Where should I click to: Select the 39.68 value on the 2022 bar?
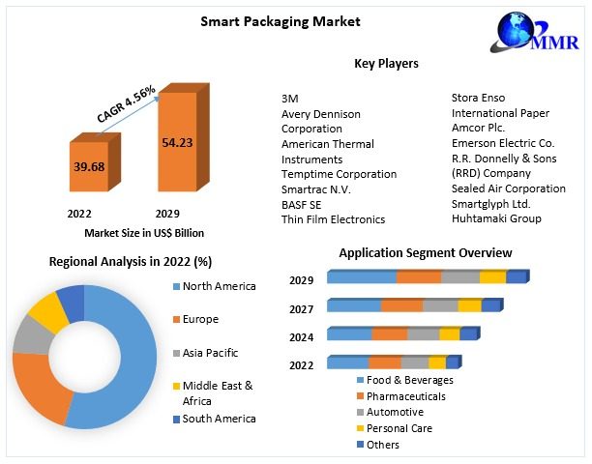pos(88,166)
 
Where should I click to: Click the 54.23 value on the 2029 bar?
pos(176,141)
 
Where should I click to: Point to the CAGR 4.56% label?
pos(127,104)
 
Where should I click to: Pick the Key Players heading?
pos(386,63)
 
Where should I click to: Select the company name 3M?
pos(289,99)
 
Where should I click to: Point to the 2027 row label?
pos(301,309)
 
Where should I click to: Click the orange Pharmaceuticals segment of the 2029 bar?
pos(419,277)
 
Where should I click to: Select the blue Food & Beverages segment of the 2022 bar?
pos(347,362)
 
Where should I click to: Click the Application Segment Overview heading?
pos(426,253)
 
